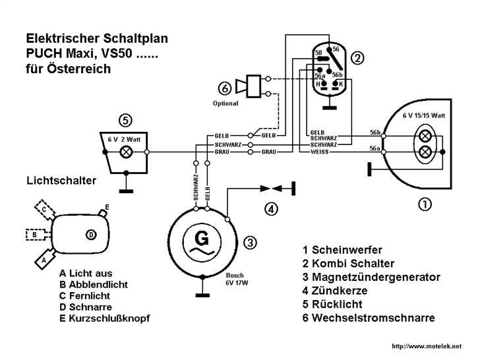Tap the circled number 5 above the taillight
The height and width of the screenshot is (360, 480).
point(126,121)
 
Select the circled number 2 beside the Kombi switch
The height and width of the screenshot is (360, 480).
point(357,59)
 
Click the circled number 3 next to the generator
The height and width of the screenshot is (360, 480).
point(250,242)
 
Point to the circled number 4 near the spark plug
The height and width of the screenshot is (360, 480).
point(272,210)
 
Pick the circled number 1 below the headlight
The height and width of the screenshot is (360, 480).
point(426,204)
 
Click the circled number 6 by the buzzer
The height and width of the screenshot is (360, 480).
point(225,88)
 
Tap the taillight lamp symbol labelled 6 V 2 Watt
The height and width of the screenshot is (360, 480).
point(125,152)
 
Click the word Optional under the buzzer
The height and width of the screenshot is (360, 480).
point(225,104)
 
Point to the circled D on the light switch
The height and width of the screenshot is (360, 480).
point(91,234)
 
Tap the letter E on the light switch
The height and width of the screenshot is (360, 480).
point(107,206)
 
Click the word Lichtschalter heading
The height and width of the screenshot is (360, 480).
point(61,180)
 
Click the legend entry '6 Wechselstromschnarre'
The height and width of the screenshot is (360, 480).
point(369,318)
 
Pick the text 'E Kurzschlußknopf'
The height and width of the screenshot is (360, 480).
point(105,318)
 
